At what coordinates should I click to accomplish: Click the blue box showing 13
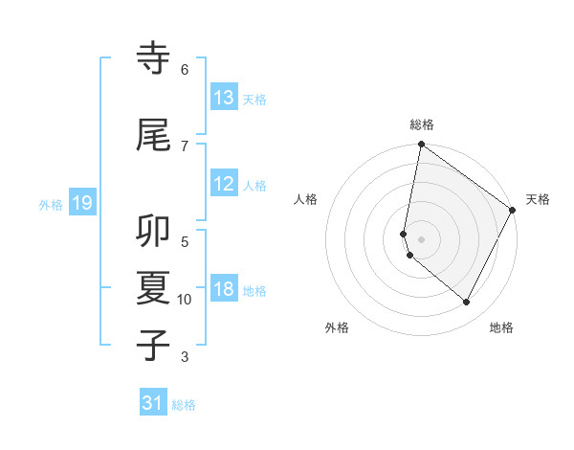(224, 98)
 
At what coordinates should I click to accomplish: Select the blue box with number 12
(224, 185)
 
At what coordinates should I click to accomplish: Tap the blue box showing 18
(224, 290)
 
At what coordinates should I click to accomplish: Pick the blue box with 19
(81, 203)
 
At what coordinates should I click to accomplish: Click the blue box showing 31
(153, 403)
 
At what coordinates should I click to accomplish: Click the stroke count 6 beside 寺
(185, 70)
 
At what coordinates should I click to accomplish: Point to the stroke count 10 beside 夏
(185, 300)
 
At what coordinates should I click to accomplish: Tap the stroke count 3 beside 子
(185, 357)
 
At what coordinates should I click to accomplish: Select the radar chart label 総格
(422, 124)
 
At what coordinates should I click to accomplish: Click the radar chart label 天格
(538, 199)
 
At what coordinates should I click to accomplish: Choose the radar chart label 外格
(337, 327)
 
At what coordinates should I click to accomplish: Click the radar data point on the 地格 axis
(466, 303)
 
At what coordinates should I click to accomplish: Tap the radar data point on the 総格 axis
(421, 145)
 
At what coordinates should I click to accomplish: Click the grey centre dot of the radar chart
(421, 238)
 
